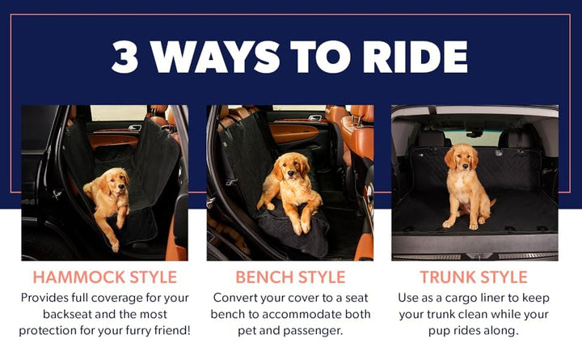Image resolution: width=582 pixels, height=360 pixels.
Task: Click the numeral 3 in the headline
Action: tap(125, 57)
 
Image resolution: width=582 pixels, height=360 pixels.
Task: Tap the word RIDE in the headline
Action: tap(415, 57)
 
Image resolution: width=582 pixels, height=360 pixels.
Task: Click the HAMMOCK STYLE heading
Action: tap(104, 277)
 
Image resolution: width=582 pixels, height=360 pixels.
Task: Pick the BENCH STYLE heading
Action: tap(290, 277)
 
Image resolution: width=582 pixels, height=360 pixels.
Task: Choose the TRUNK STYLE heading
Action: tap(474, 277)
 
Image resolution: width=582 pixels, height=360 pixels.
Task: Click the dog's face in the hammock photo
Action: tap(117, 183)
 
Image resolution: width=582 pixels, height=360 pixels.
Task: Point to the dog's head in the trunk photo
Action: tap(462, 159)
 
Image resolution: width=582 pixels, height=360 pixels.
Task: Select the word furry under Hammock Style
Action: tap(139, 331)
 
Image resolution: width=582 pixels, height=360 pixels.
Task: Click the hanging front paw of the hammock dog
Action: tap(114, 244)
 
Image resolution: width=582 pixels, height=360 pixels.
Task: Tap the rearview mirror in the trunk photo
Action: tap(474, 133)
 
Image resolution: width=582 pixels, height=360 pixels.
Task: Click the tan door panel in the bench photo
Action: tap(293, 133)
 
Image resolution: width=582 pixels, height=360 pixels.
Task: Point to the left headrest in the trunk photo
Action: tap(432, 138)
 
